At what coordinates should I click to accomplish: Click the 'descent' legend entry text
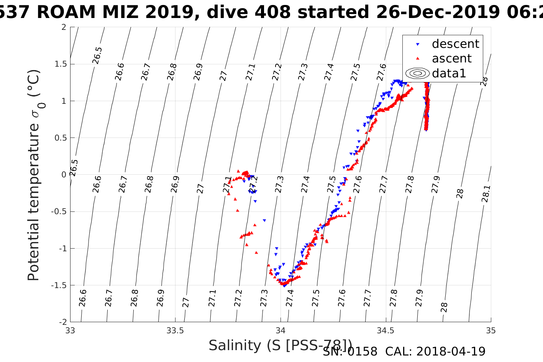tap(455, 44)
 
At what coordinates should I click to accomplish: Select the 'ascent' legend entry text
tap(451, 59)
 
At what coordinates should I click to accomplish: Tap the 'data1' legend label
tap(449, 73)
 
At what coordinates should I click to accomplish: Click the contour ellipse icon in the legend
tap(418, 73)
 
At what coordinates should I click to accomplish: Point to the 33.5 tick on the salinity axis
tap(175, 331)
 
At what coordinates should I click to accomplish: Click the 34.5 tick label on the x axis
tap(386, 331)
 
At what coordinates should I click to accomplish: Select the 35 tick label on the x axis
tap(491, 331)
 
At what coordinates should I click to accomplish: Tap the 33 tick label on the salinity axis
tap(70, 331)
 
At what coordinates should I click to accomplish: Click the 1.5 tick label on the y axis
tap(59, 64)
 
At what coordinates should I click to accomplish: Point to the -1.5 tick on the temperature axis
tap(58, 285)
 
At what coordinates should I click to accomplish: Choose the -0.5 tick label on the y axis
tap(58, 211)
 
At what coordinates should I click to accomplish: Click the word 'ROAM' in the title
tap(66, 12)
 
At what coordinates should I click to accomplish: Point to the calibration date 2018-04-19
tap(451, 351)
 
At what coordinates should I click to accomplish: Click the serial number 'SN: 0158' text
tap(350, 351)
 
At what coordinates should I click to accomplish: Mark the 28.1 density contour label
tap(485, 193)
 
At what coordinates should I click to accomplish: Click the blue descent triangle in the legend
tap(418, 44)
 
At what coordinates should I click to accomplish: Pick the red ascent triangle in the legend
tap(418, 59)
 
